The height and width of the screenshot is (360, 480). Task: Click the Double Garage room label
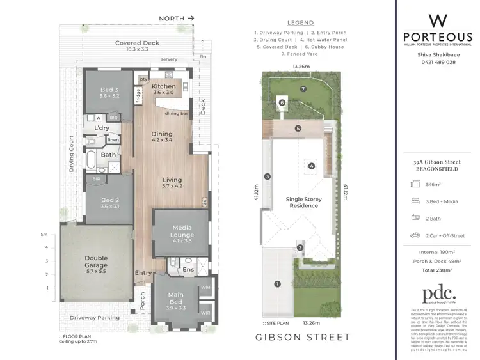coord(96,262)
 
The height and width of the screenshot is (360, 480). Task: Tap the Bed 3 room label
coord(109,93)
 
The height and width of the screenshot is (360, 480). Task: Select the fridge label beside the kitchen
coord(138,95)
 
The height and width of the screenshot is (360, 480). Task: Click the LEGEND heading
coord(300,22)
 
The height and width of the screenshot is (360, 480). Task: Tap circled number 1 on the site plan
coord(277,284)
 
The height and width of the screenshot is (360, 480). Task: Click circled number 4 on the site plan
coord(312,166)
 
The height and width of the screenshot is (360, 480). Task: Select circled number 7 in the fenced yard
coord(303,89)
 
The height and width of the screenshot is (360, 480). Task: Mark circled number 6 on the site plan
coord(281,102)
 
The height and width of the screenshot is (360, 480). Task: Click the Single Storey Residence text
coord(304,203)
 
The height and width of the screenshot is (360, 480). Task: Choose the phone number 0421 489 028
coord(437,62)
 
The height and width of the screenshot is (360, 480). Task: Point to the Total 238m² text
coord(437,270)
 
